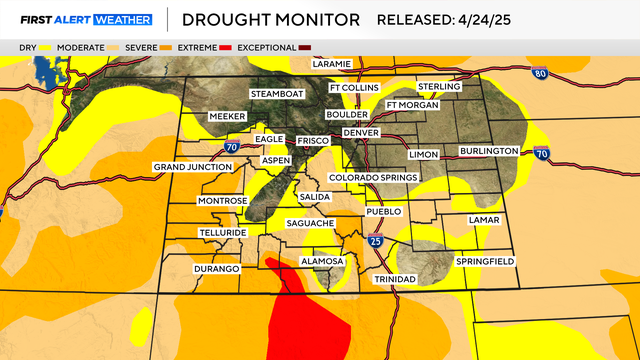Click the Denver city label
(361, 133)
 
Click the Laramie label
(332, 64)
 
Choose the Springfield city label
(485, 261)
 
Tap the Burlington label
(489, 151)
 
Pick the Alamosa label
(322, 261)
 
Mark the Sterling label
(439, 87)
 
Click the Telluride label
(222, 232)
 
